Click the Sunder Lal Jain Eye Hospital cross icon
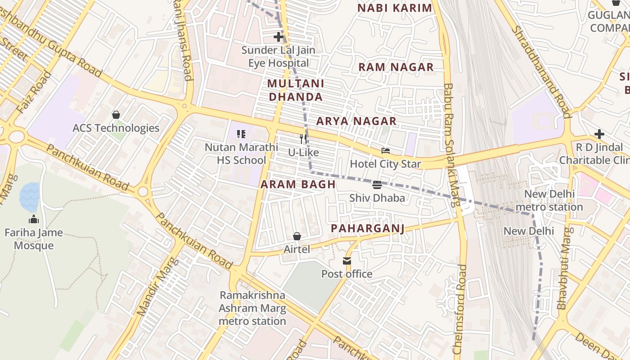(279, 37)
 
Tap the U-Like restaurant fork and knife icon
(304, 139)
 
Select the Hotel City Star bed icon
(386, 151)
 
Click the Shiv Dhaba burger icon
(377, 184)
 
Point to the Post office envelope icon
(347, 261)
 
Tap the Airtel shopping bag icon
(297, 236)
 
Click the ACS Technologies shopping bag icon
(116, 115)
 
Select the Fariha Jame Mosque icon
(34, 220)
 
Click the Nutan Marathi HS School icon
(241, 134)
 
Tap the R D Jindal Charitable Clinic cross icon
(599, 134)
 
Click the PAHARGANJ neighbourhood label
(368, 229)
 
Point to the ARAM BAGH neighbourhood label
(298, 184)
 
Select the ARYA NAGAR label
(356, 121)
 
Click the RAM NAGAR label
(396, 67)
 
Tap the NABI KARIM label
(395, 8)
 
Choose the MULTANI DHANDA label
(296, 90)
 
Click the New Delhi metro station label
(549, 201)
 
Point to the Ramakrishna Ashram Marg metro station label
(252, 308)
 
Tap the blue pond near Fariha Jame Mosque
(29, 197)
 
